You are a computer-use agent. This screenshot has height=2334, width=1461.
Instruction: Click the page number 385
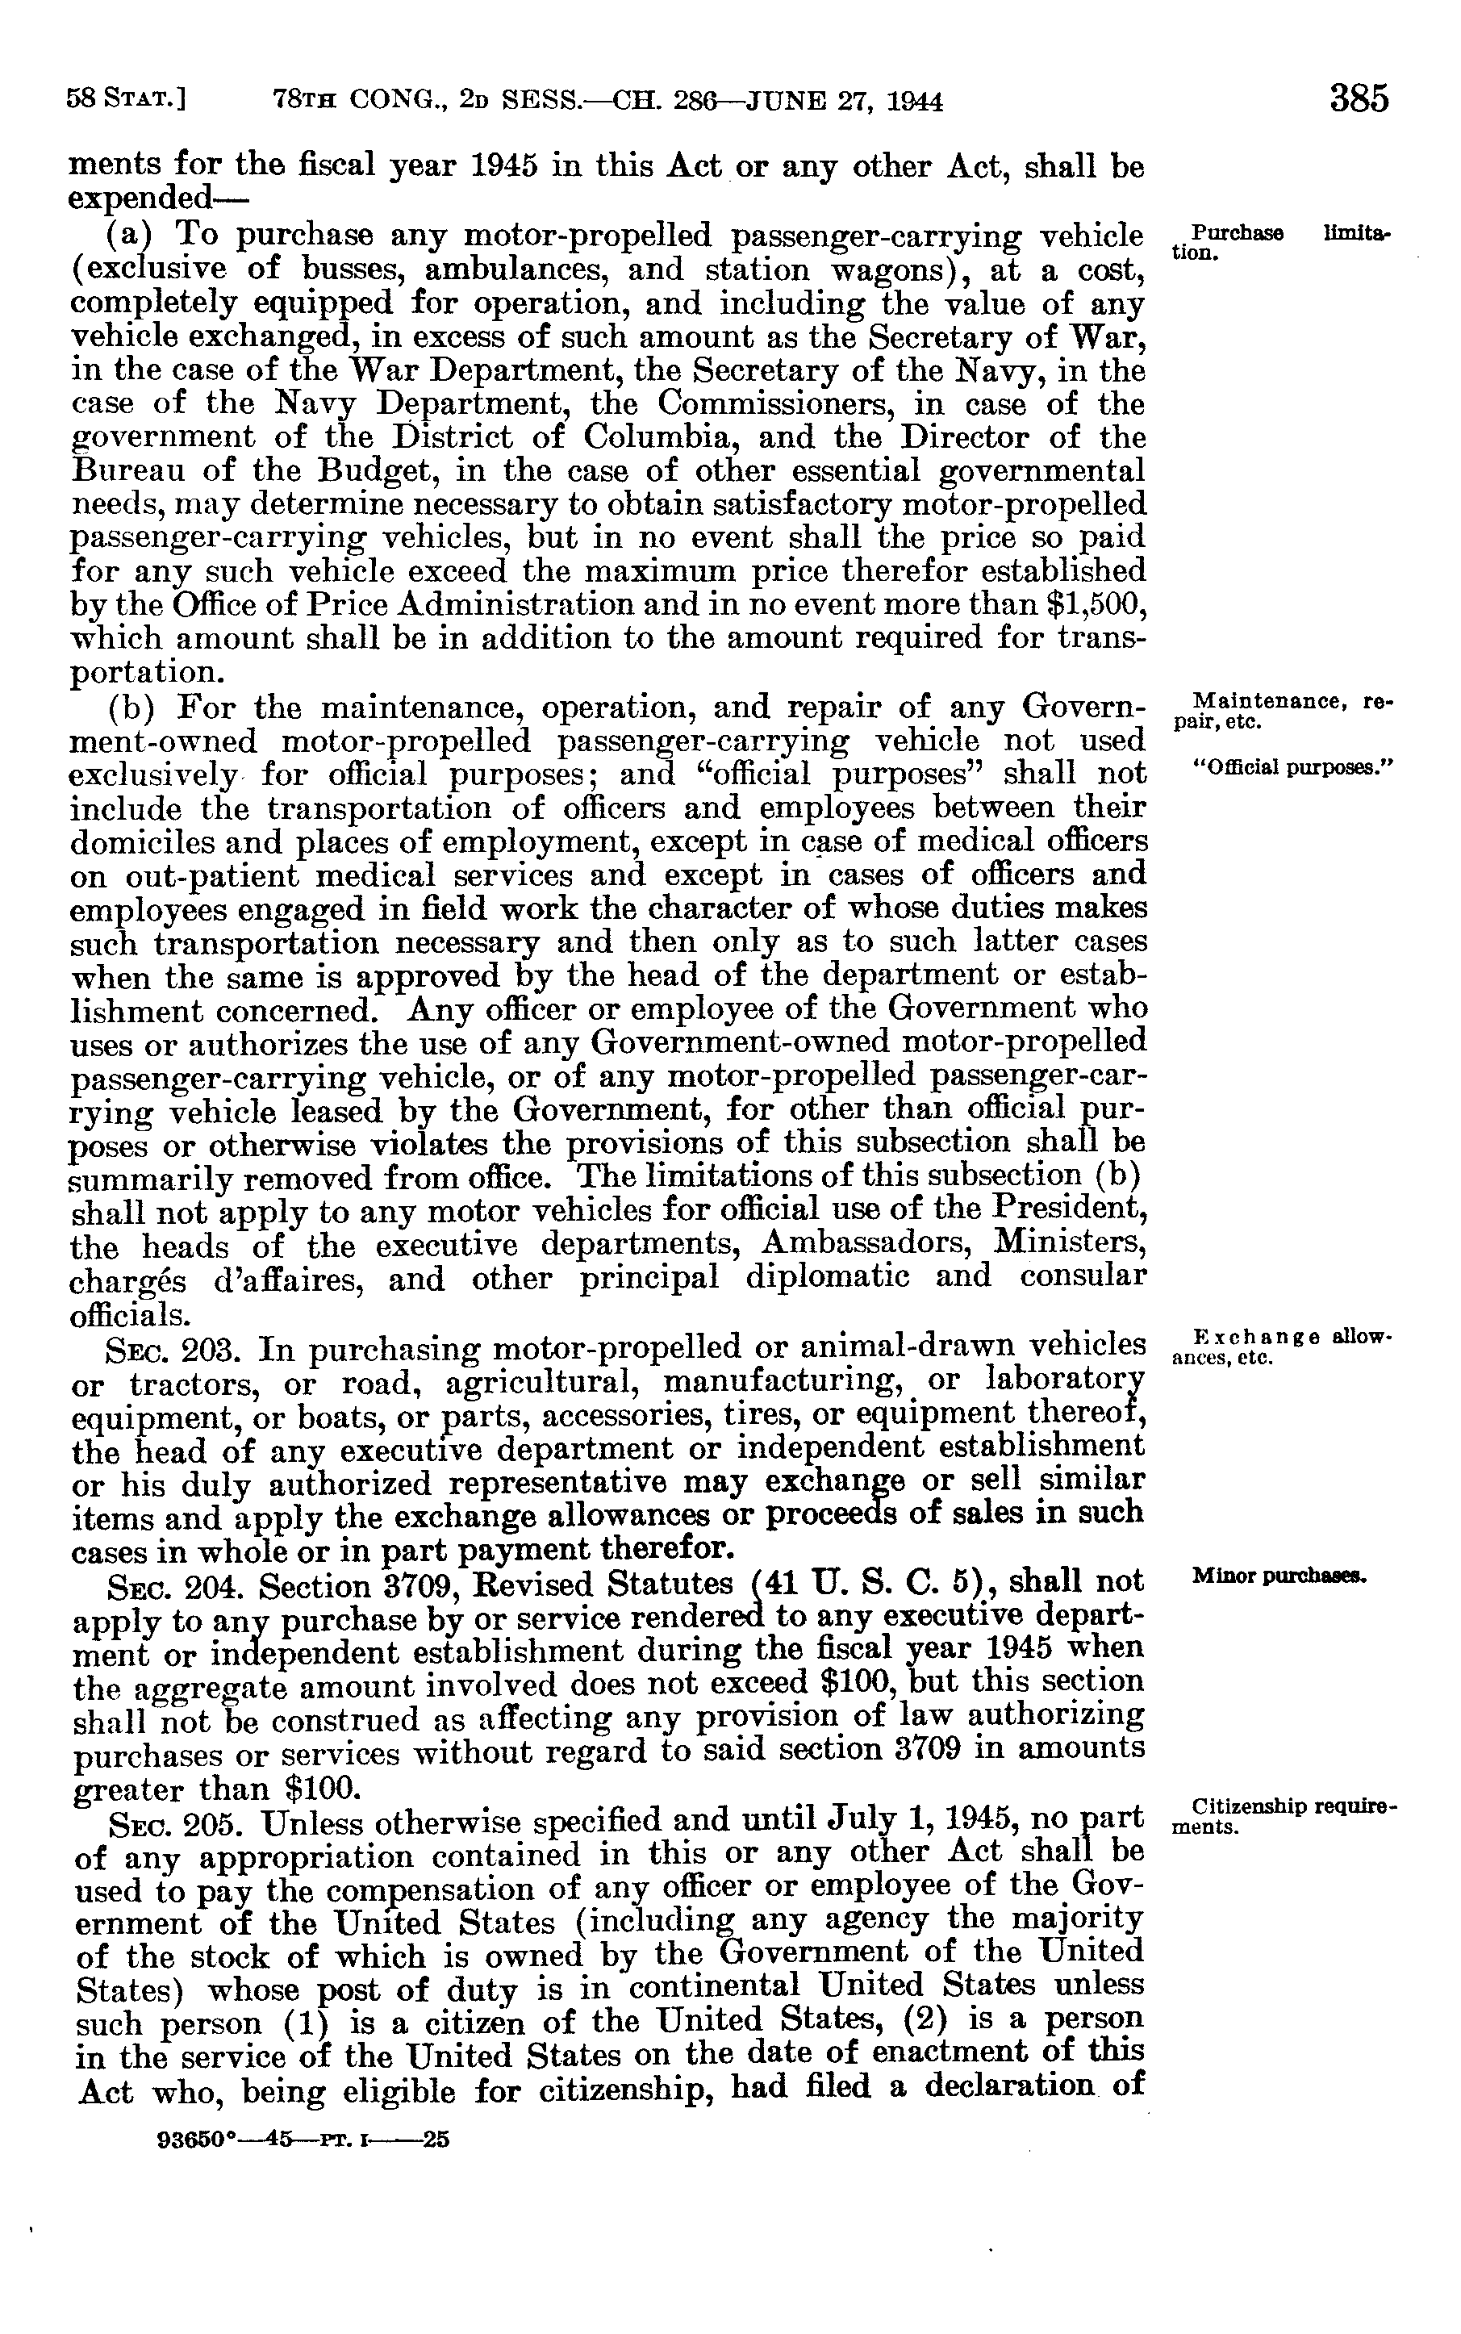(1359, 98)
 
